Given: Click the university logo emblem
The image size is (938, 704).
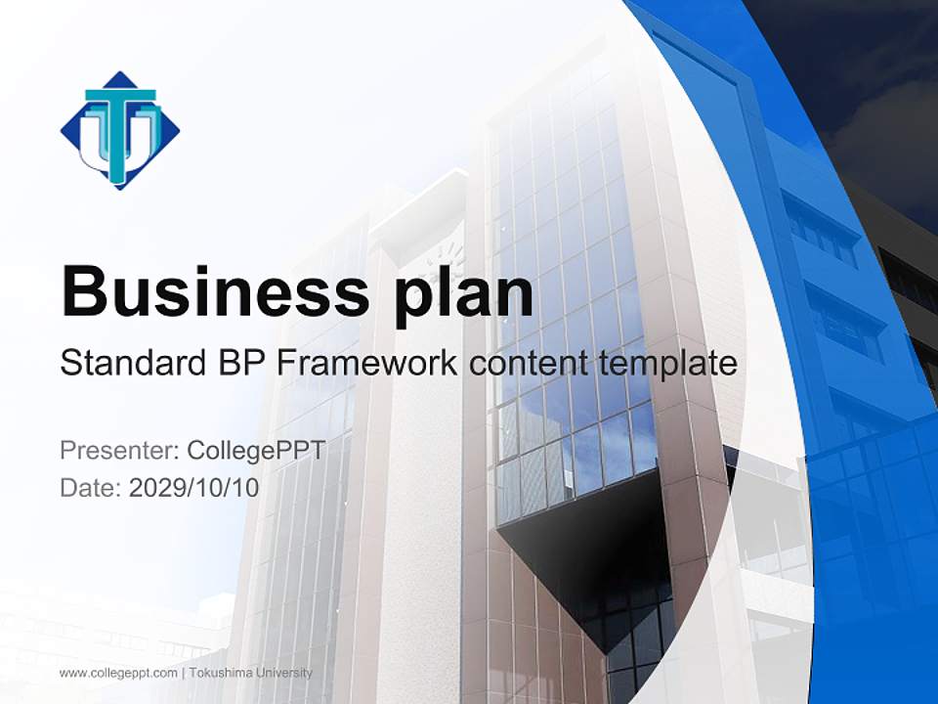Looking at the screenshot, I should (x=119, y=130).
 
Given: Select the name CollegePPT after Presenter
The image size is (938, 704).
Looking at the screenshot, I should (x=255, y=451).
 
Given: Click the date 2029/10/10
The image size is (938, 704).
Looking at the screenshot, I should (x=194, y=487).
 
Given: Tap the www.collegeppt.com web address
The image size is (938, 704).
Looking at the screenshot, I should (x=118, y=673).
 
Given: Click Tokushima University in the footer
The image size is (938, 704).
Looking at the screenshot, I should (x=252, y=673).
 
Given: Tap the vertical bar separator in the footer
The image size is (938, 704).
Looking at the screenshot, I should (x=184, y=673).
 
